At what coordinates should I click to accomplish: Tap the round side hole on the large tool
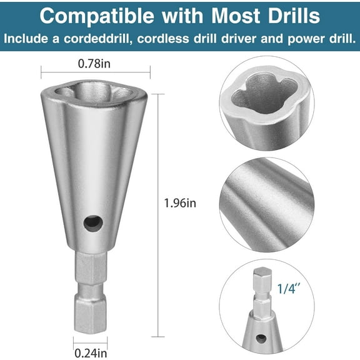tap(92, 221)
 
